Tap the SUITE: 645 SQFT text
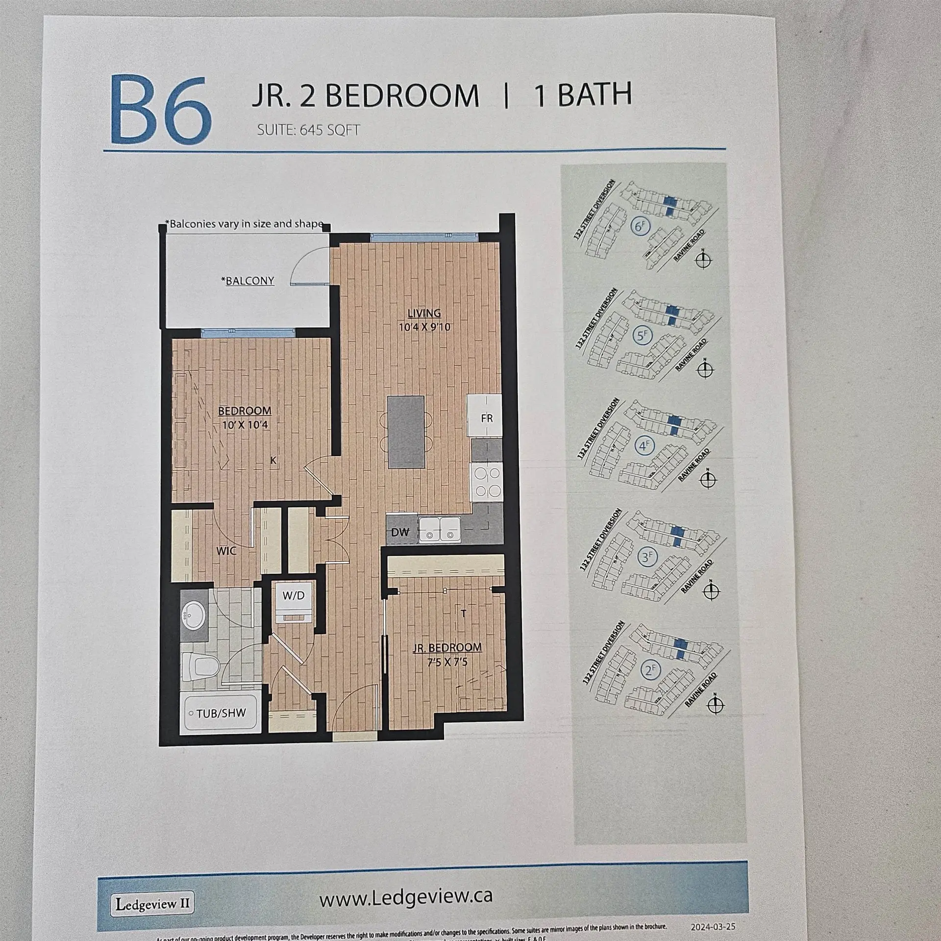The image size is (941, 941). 309,131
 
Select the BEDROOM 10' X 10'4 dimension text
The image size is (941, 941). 245,425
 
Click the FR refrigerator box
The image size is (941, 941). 486,418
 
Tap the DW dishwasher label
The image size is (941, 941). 400,532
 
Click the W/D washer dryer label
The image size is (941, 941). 293,595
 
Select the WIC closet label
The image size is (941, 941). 226,551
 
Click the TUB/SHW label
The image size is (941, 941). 221,713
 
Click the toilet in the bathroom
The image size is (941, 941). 202,667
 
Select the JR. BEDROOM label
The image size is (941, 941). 446,647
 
